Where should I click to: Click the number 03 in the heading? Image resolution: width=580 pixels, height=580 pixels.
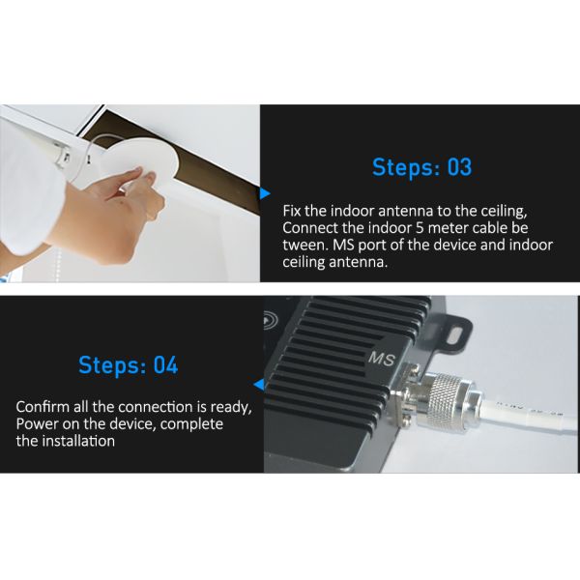460,167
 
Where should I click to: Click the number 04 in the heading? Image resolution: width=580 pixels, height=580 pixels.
165,365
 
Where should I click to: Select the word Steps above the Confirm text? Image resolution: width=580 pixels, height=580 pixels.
112,366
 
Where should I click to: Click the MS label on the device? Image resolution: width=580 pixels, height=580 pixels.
382,359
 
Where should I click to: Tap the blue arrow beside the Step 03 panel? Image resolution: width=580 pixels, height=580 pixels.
265,193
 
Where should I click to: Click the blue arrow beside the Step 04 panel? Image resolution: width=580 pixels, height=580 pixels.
259,385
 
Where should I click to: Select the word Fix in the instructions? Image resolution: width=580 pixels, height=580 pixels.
292,211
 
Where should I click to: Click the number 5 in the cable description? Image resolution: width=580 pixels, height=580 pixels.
420,228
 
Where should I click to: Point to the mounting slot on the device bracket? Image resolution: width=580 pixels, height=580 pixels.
454,336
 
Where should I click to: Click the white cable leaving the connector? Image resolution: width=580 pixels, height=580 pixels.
529,416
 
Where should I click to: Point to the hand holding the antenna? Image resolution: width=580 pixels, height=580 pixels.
111,215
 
